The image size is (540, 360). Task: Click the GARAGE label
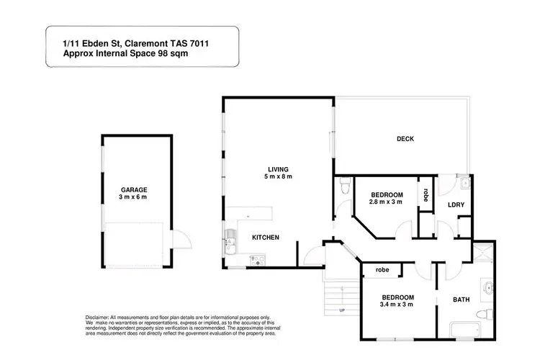point(135,189)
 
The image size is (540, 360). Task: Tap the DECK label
point(405,139)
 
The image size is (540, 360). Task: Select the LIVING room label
point(277,168)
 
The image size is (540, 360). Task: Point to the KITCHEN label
point(265,238)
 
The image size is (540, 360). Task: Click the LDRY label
point(455,205)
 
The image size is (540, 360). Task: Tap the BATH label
point(461,298)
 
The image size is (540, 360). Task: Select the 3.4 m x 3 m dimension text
point(397,305)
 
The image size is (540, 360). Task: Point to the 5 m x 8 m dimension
point(277,176)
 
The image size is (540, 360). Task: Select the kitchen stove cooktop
point(256,258)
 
